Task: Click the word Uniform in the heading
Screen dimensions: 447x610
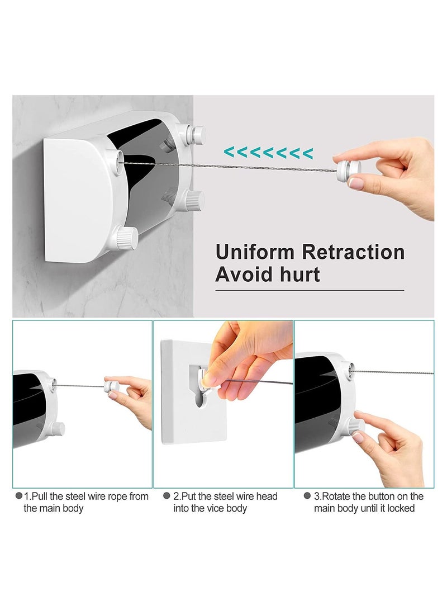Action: point(255,252)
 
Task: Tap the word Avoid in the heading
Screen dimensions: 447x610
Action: point(243,275)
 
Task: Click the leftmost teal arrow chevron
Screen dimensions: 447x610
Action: point(229,153)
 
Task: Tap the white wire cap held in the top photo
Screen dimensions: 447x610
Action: point(348,171)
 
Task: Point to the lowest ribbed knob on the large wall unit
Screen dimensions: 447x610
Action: point(126,238)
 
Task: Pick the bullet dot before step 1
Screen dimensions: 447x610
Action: point(18,495)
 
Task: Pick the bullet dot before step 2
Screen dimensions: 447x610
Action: point(167,495)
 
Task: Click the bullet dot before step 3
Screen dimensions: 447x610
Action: point(307,495)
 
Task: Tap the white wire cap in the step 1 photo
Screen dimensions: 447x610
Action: point(112,386)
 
